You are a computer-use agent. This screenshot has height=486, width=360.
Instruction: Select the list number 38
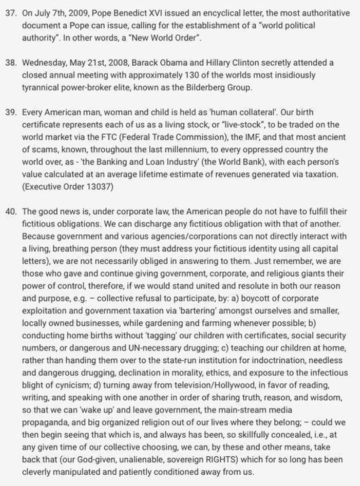(11, 63)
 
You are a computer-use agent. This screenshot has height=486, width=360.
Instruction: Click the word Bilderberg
(204, 87)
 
